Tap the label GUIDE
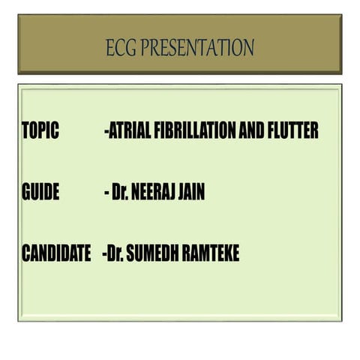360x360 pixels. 40,193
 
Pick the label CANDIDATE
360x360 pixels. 56,254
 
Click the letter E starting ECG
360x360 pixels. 110,49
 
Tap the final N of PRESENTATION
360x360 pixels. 249,49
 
